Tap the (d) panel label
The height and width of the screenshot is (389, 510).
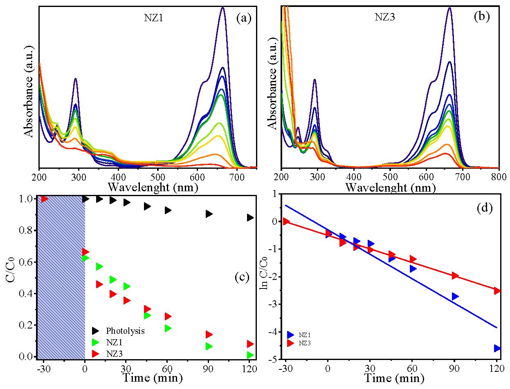(485, 208)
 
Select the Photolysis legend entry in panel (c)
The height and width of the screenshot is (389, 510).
(125, 331)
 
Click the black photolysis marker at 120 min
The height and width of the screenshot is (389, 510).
(250, 217)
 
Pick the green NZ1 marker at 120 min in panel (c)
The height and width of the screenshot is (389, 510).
(250, 355)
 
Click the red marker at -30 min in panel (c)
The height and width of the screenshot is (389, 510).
(45, 199)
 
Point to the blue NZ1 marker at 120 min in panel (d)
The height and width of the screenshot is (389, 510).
(497, 348)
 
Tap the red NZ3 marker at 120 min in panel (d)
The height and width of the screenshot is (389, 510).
(497, 291)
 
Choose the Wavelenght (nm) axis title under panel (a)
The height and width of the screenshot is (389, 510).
(153, 188)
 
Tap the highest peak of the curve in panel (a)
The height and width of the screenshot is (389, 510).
(222, 7)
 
